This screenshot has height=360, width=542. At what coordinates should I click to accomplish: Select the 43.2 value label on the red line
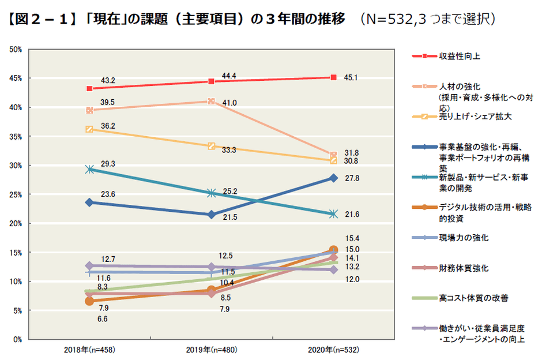coord(108,80)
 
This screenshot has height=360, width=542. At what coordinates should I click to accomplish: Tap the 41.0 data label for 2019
coord(229,103)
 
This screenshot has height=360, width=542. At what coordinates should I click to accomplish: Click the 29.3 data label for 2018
coord(108,164)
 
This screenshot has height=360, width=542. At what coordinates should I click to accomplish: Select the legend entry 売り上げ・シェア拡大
coord(468,116)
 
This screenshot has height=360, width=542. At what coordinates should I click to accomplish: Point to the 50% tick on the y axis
coord(16,50)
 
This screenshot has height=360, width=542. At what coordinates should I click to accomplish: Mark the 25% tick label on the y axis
coord(16,194)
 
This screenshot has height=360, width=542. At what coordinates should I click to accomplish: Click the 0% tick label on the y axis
coord(17,339)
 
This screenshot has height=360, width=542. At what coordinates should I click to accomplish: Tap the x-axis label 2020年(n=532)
coord(333,350)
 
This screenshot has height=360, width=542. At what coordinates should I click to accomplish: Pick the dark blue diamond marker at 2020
coord(333,178)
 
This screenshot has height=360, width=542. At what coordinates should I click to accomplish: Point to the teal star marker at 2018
coord(89,169)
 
